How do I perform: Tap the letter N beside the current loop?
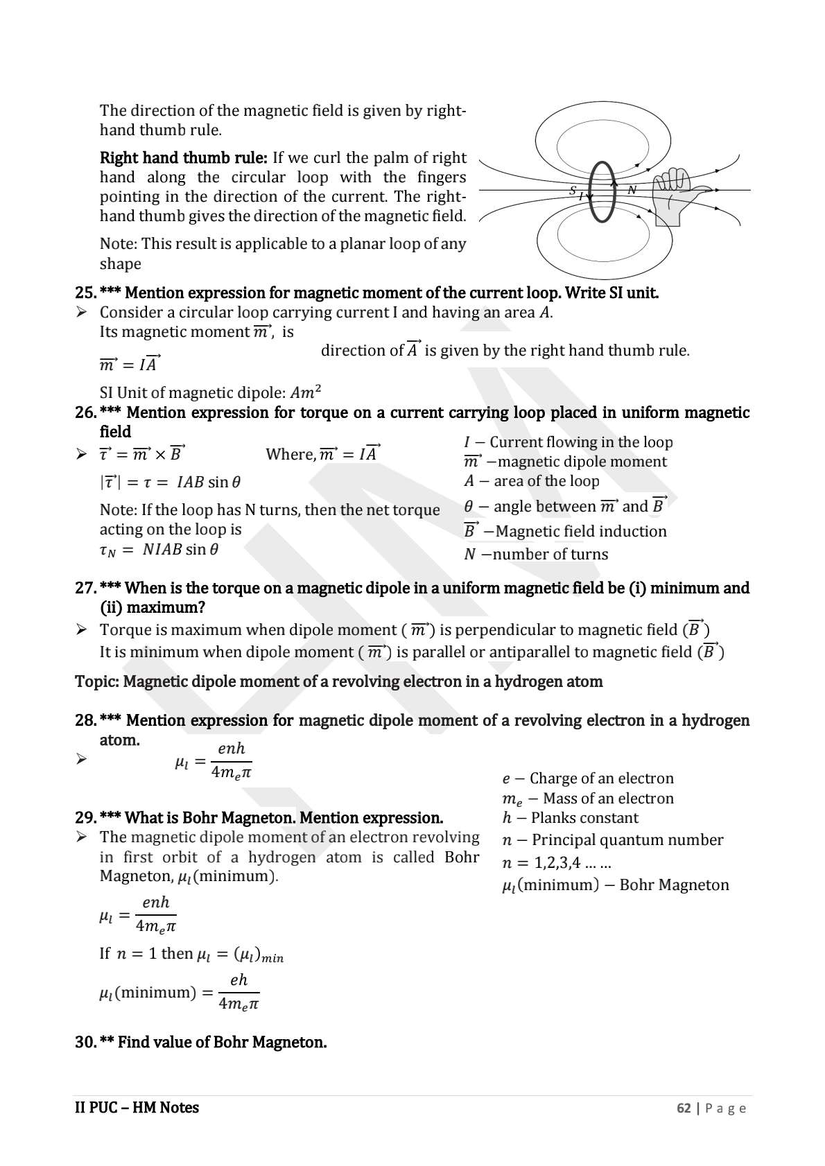point(632,190)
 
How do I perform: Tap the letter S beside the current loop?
point(573,189)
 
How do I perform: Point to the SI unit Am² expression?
point(305,392)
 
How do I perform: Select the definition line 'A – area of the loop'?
point(531,481)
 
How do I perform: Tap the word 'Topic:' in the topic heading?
point(96,682)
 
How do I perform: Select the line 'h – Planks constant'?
point(570,818)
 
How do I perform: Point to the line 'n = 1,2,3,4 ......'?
point(556,864)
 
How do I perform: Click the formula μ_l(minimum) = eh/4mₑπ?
point(179,992)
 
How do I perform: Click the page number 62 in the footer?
point(684,1108)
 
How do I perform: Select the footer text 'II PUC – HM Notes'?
point(137,1108)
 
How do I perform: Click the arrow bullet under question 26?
point(81,455)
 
